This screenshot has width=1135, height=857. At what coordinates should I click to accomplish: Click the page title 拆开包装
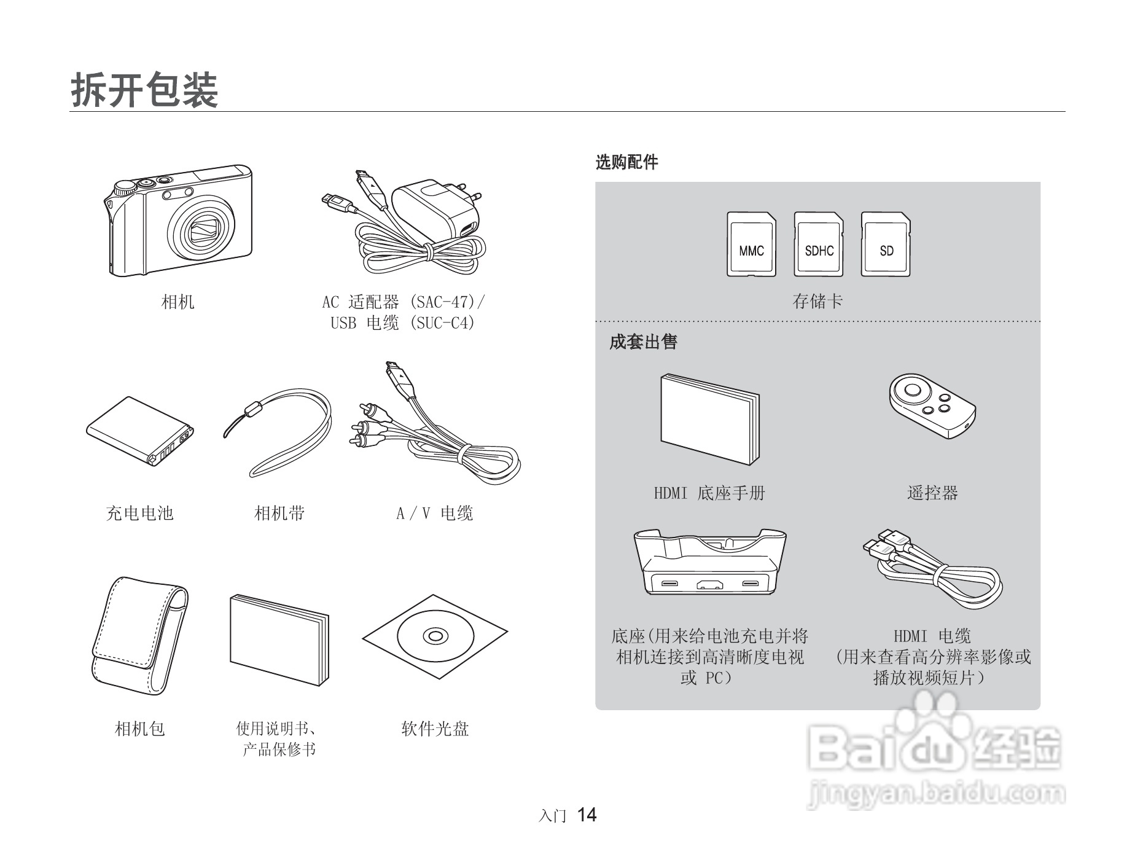(145, 90)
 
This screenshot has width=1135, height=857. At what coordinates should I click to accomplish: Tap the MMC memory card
(751, 245)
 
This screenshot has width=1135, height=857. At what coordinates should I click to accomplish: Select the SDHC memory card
(819, 245)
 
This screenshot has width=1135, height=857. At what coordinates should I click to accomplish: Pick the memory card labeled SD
(886, 245)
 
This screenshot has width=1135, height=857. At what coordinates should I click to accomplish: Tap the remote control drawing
(932, 405)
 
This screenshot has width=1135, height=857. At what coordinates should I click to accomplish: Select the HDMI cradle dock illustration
(710, 562)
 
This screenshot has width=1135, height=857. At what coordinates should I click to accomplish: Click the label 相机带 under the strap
(279, 513)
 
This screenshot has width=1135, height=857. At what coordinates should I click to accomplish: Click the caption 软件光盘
(435, 729)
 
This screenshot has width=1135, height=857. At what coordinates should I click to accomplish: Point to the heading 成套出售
(643, 342)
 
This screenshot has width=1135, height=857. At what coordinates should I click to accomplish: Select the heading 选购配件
(626, 162)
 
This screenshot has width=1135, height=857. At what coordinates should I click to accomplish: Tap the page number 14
(587, 815)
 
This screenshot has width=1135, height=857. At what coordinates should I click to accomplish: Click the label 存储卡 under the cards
(817, 301)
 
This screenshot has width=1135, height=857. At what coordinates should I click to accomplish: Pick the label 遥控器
(932, 493)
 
